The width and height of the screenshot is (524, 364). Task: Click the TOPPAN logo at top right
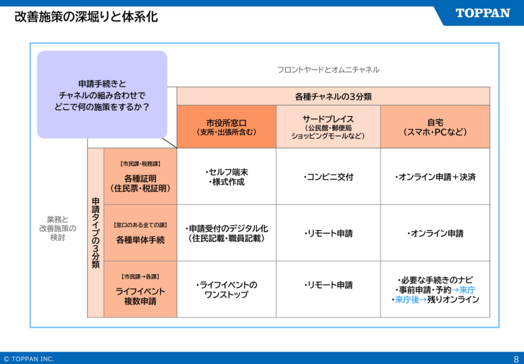tap(482, 13)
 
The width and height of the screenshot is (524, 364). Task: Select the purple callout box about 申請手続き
tap(102, 94)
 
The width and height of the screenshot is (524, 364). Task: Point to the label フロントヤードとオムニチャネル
tap(327, 70)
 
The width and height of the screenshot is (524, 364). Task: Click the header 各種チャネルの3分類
tap(333, 96)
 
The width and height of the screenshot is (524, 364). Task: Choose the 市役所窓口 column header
tap(226, 127)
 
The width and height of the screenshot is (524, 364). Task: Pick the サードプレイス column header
tap(327, 127)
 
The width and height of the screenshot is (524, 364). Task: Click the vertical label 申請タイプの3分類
tap(96, 233)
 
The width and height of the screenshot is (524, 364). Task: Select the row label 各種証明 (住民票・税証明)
tap(140, 177)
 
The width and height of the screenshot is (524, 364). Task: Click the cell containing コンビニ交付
tap(327, 177)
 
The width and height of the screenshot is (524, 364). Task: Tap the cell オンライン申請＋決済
tap(435, 177)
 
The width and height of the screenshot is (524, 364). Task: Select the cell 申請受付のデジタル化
tap(227, 233)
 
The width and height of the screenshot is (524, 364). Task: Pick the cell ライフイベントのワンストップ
tap(227, 289)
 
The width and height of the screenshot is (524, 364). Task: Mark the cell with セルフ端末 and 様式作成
tap(227, 177)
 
